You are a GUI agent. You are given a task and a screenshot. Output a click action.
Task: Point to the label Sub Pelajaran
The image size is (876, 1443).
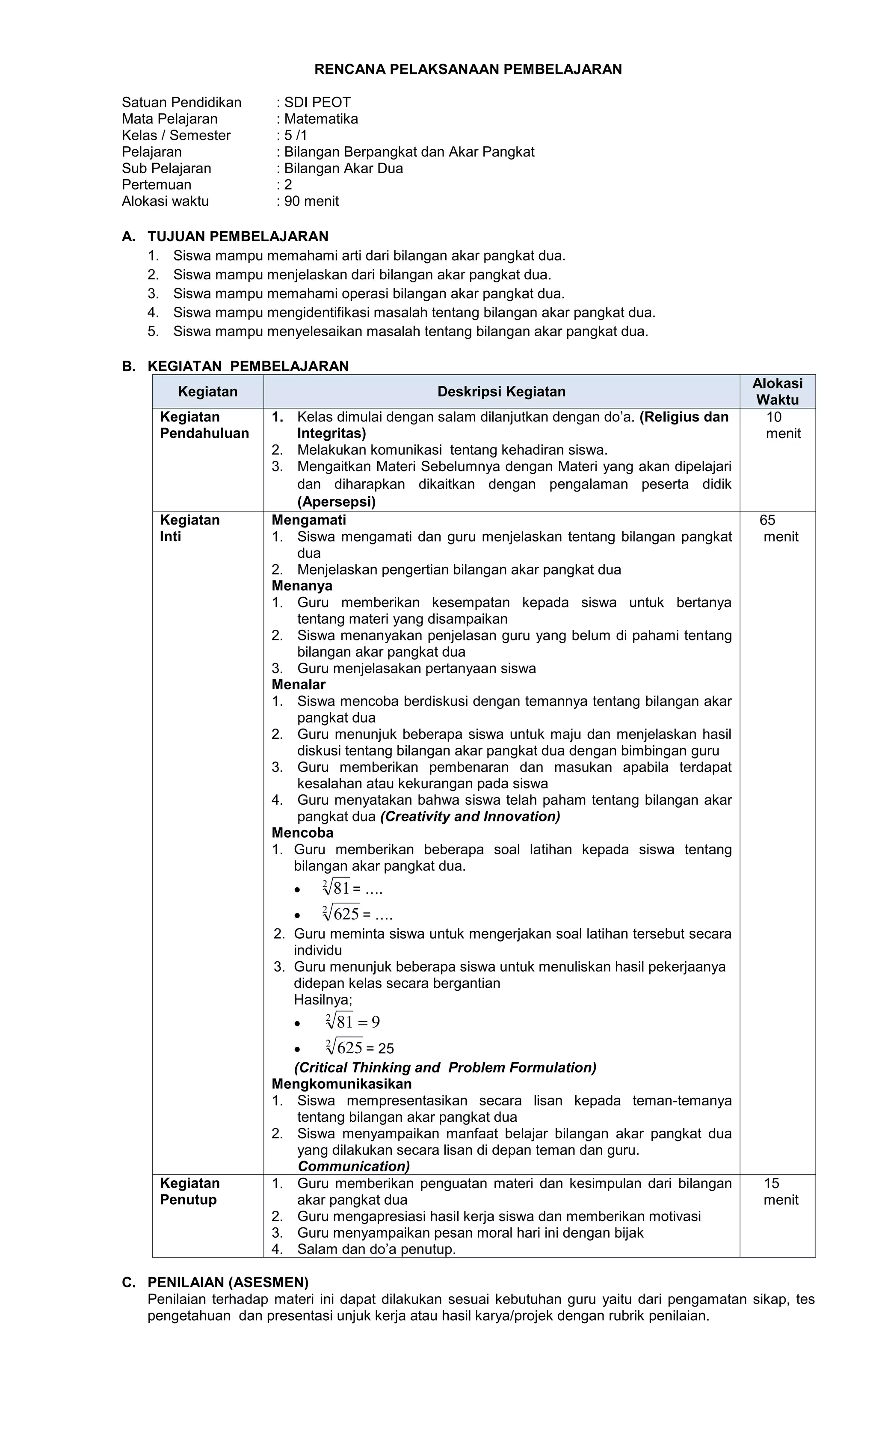(x=166, y=169)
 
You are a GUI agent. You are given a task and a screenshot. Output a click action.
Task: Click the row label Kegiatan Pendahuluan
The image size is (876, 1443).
(x=204, y=425)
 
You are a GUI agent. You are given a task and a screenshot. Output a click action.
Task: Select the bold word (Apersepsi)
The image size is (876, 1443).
(x=336, y=502)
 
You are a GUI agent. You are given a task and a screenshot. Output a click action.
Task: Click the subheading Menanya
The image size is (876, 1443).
(x=302, y=586)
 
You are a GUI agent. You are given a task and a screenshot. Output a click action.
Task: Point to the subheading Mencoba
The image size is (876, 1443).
(x=302, y=833)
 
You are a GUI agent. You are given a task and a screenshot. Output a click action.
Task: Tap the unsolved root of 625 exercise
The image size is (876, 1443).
(x=356, y=914)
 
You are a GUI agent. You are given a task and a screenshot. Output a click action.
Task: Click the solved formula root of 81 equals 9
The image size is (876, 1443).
(x=352, y=1022)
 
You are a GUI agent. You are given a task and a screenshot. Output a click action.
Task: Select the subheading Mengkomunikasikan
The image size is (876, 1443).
(x=341, y=1084)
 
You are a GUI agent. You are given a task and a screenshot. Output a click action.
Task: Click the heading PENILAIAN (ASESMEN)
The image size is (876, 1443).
(x=228, y=1283)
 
